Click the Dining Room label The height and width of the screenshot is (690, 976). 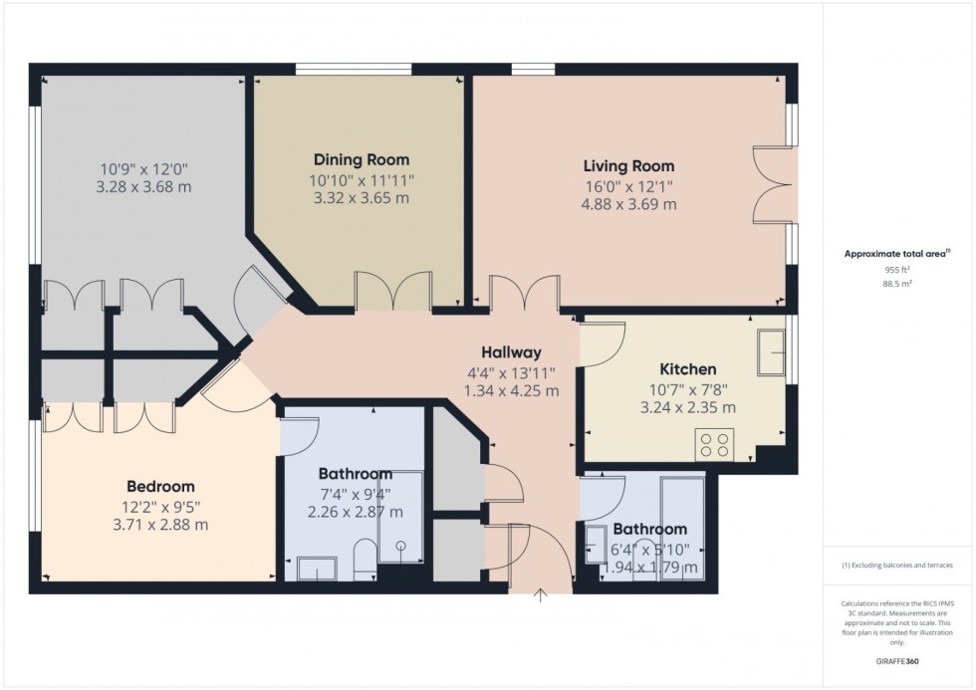362,159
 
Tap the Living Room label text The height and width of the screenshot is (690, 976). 628,166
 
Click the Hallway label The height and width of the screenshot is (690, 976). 511,352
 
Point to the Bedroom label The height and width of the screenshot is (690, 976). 159,486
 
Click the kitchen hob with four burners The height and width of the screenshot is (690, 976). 714,442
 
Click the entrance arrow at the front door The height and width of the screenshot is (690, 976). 541,596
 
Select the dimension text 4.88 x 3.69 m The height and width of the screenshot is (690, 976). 628,205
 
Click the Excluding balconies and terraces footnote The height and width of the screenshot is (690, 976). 897,566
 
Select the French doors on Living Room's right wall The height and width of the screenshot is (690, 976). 773,182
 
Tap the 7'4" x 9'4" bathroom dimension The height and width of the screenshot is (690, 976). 355,494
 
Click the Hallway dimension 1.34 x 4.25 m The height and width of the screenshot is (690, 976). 511,390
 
